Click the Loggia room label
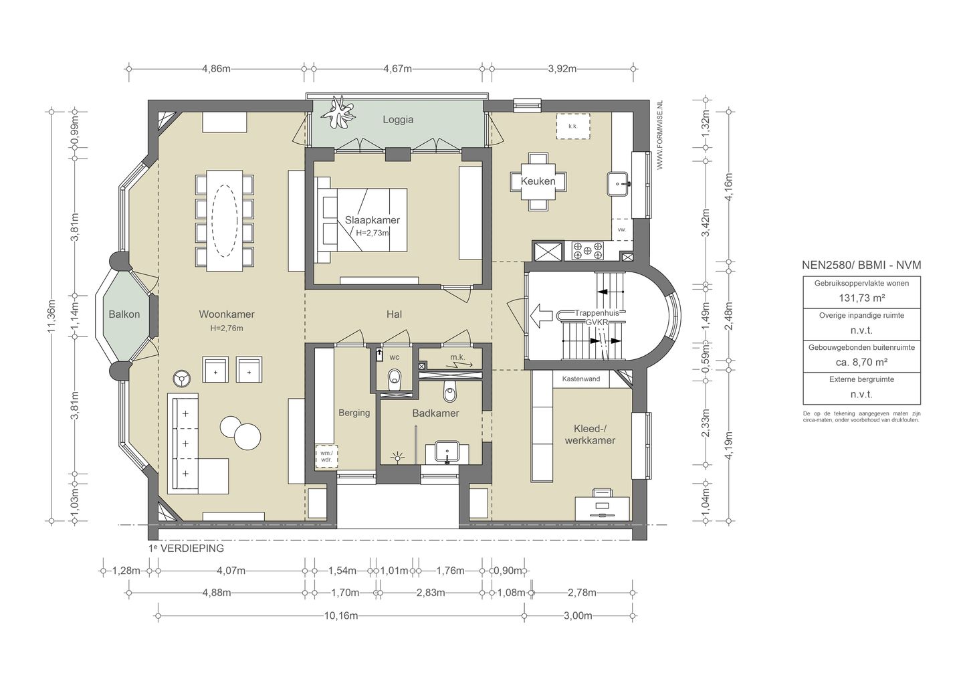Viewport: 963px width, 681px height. pos(398,120)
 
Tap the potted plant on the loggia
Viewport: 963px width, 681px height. pos(340,112)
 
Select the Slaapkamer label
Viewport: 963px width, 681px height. pos(372,220)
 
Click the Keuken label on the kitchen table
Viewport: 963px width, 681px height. pos(538,181)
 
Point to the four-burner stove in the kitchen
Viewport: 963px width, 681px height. pos(587,251)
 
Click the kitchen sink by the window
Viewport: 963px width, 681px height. pos(618,184)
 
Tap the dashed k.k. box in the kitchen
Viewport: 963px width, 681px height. pos(572,126)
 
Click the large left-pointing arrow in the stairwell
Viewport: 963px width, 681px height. pos(541,316)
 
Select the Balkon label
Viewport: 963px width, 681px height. pos(124,314)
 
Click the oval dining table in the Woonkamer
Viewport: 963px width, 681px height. pos(225,221)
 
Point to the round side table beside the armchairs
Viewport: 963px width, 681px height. pos(183,379)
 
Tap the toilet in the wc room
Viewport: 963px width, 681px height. pos(395,379)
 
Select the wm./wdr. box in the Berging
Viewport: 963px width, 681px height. pos(326,456)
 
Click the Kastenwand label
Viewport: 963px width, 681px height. pos(581,379)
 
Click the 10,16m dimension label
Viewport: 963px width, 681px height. pos(341,615)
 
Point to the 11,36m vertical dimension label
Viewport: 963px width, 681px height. pos(51,316)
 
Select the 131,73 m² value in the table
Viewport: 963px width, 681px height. pos(861,298)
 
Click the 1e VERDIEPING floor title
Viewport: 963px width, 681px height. pos(186,549)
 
